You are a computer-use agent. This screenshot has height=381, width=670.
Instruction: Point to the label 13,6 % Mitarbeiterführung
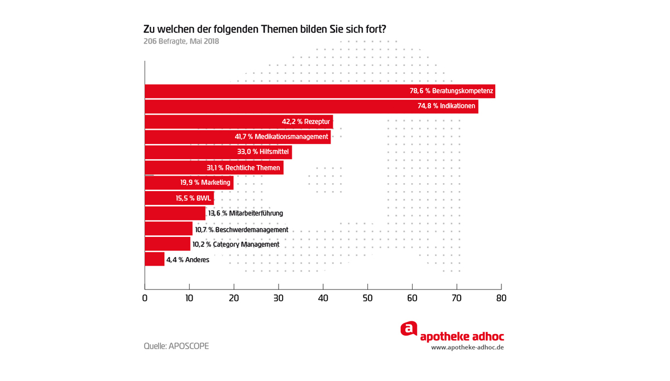(246, 213)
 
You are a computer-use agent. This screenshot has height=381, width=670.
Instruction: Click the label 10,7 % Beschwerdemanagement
(241, 230)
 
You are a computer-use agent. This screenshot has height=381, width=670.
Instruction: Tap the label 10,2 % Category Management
(236, 244)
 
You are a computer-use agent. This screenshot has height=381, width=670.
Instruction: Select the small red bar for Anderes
(155, 259)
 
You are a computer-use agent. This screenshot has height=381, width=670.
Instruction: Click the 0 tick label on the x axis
(145, 298)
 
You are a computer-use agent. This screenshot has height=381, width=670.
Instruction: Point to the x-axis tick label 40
(323, 298)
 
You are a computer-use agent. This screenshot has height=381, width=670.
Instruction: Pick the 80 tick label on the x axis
(501, 298)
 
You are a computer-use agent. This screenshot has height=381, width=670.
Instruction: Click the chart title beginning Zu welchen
(265, 29)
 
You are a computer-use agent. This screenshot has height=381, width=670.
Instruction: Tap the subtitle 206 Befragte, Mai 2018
(181, 41)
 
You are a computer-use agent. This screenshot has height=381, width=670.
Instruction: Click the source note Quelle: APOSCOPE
(176, 346)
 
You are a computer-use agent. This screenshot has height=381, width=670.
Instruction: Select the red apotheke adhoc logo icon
(409, 329)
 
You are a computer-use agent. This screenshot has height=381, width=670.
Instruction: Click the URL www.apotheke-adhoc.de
(467, 347)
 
